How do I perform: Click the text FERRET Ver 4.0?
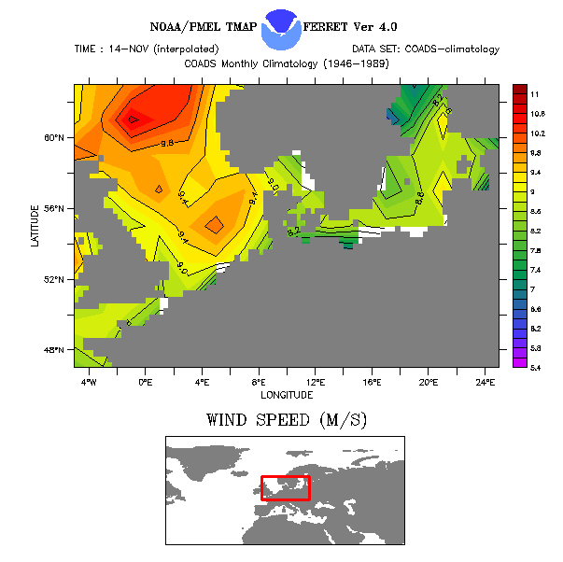(x=356, y=28)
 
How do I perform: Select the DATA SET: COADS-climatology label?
(x=426, y=49)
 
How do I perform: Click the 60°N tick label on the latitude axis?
(x=55, y=137)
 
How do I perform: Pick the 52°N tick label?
(x=55, y=279)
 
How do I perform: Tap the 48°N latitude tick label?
(x=55, y=350)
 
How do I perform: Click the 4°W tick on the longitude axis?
(x=88, y=382)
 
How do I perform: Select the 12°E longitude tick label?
(x=316, y=382)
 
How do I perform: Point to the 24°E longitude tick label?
(x=486, y=382)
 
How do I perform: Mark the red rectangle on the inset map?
(x=285, y=487)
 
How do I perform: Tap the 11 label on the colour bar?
(x=534, y=95)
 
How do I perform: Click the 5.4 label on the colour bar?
(x=536, y=368)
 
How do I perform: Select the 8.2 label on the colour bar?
(x=536, y=232)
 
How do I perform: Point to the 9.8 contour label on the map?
(x=168, y=143)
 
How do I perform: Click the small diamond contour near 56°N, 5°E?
(x=214, y=224)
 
